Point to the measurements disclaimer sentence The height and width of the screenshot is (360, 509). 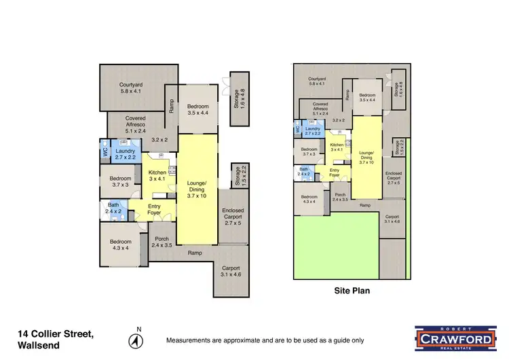pos(265,340)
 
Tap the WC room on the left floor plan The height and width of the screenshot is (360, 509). pos(105,153)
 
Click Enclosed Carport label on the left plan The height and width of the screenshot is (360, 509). pos(233,216)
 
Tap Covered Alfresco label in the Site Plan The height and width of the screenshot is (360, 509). pos(321,107)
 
